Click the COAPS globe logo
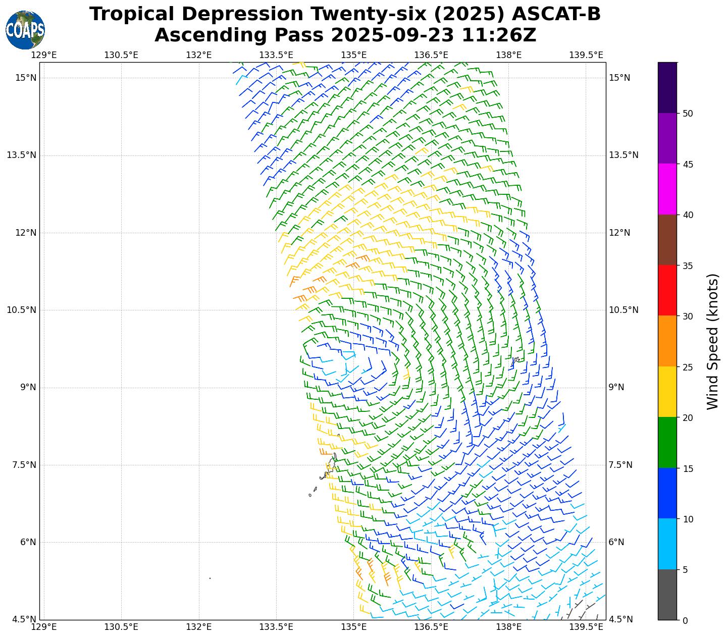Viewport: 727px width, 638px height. [25, 30]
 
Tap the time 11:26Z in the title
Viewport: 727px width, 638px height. [502, 35]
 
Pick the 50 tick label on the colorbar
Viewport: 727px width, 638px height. [687, 114]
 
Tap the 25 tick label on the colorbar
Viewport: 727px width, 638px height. [687, 367]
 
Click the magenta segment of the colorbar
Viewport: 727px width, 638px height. [667, 189]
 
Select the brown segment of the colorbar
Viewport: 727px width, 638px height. [667, 240]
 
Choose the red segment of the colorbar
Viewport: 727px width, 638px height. [667, 290]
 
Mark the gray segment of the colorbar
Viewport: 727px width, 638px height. [667, 595]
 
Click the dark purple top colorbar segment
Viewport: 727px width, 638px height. [667, 87]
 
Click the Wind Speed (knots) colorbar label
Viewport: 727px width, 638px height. [712, 341]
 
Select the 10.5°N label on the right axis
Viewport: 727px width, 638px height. [624, 310]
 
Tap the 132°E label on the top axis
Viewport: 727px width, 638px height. [199, 55]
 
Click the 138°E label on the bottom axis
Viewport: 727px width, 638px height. [509, 627]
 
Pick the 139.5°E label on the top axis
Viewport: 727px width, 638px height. [586, 55]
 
